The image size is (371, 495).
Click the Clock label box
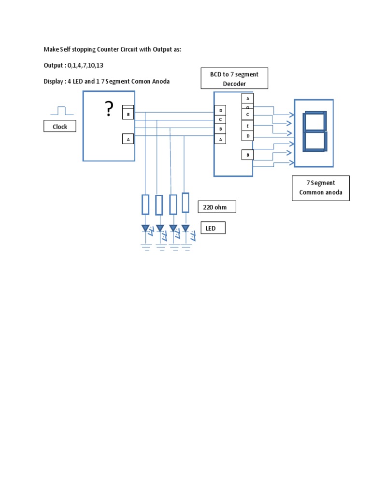(x=60, y=127)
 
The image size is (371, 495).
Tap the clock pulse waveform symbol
(x=62, y=111)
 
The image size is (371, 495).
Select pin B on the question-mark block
(x=128, y=114)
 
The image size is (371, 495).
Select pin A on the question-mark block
(x=128, y=139)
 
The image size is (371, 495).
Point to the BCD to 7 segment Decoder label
(x=234, y=79)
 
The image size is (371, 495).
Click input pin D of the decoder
(x=220, y=111)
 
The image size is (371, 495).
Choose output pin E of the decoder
(x=247, y=125)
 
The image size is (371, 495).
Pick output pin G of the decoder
(x=247, y=107)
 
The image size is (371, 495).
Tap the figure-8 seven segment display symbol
(x=314, y=132)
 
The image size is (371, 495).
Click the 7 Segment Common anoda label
(x=321, y=188)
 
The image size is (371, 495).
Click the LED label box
(x=213, y=228)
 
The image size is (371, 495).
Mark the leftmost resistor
(x=145, y=204)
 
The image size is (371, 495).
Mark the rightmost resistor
(x=185, y=203)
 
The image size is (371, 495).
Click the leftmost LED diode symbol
(x=145, y=228)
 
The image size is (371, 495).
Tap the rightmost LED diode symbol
(x=185, y=228)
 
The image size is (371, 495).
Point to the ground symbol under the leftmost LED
(x=145, y=247)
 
